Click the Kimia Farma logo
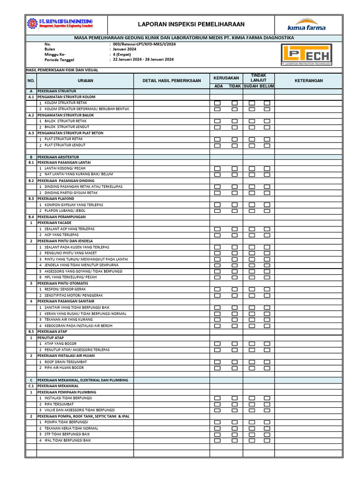tap(306, 24)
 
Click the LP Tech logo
tap(306, 55)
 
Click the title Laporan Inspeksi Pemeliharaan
tap(191, 24)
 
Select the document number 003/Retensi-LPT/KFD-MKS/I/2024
tap(144, 44)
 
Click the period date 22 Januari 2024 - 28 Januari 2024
tap(143, 60)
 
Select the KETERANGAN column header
tap(308, 81)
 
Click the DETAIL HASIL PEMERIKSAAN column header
tap(172, 81)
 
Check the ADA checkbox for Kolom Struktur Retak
tap(217, 103)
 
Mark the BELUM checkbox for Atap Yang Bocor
tap(267, 344)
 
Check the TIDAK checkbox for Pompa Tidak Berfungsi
tap(234, 422)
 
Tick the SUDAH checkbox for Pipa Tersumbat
tap(252, 404)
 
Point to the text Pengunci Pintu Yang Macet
tap(72, 253)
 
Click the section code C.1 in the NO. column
tap(31, 386)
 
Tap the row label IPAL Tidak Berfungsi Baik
tap(67, 441)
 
